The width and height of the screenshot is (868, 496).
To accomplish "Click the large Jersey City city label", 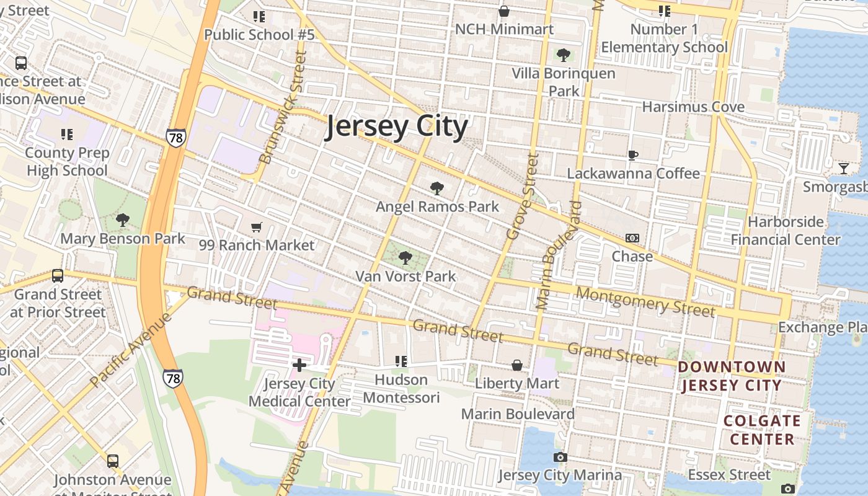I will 397,126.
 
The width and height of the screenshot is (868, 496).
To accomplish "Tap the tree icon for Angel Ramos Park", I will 437,188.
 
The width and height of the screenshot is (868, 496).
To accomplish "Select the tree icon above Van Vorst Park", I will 405,258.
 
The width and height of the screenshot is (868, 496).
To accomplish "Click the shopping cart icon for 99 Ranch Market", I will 257,228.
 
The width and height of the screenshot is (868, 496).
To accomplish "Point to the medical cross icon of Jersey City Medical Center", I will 299,365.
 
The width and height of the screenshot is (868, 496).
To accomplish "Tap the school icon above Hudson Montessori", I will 401,361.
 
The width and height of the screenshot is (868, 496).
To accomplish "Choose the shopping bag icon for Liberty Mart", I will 517,365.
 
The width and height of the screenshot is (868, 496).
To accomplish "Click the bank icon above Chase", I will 632,238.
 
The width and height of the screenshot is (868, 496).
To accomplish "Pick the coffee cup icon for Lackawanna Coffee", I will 633,155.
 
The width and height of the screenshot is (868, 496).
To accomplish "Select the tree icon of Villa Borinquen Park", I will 564,55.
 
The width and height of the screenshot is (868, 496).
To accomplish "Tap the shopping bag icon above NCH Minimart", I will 504,11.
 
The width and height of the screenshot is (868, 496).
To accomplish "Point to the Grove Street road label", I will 523,197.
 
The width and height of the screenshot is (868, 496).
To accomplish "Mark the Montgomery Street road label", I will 645,301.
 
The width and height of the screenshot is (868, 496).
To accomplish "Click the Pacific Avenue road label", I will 130,350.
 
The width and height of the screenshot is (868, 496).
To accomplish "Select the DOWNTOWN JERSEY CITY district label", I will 732,376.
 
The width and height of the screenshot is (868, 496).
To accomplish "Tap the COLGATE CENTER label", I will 762,430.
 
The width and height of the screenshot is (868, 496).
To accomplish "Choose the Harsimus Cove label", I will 693,107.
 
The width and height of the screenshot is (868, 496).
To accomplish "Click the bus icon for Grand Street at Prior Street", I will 58,276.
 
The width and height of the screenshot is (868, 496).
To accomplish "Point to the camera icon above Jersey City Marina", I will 560,458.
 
